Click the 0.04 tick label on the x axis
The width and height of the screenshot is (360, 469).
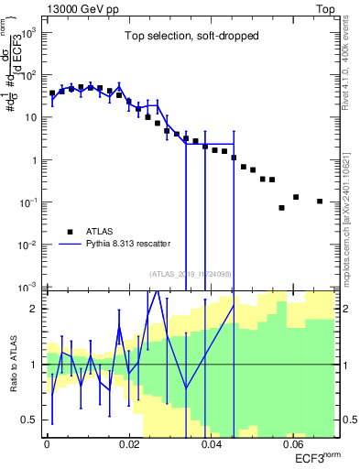click(x=211, y=444)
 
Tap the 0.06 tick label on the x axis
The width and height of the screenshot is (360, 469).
click(x=293, y=444)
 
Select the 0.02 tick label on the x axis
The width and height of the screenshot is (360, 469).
click(x=129, y=444)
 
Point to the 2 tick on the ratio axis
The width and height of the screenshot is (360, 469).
click(x=37, y=309)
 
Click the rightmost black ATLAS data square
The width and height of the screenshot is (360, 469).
click(x=320, y=202)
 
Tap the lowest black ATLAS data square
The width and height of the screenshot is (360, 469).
click(x=282, y=208)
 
